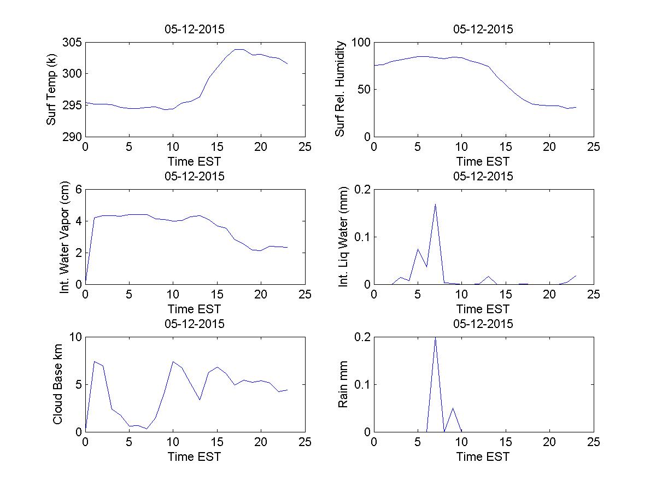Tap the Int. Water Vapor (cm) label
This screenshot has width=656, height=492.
point(65,237)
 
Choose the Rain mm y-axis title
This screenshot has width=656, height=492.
point(343,384)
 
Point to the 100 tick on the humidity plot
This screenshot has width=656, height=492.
point(361,43)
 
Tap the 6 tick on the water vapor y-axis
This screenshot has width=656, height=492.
point(78,190)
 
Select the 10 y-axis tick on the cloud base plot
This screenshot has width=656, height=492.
point(75,337)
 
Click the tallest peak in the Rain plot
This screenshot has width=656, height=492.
point(435,338)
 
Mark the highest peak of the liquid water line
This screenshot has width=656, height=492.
point(435,204)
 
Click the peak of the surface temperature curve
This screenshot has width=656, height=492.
point(238,49)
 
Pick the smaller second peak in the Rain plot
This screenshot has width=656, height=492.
point(453,408)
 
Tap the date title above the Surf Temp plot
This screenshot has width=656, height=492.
point(195,30)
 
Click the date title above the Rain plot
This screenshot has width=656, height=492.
point(483,324)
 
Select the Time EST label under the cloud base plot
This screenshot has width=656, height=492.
point(195,456)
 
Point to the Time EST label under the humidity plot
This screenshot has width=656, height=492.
point(483,161)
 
